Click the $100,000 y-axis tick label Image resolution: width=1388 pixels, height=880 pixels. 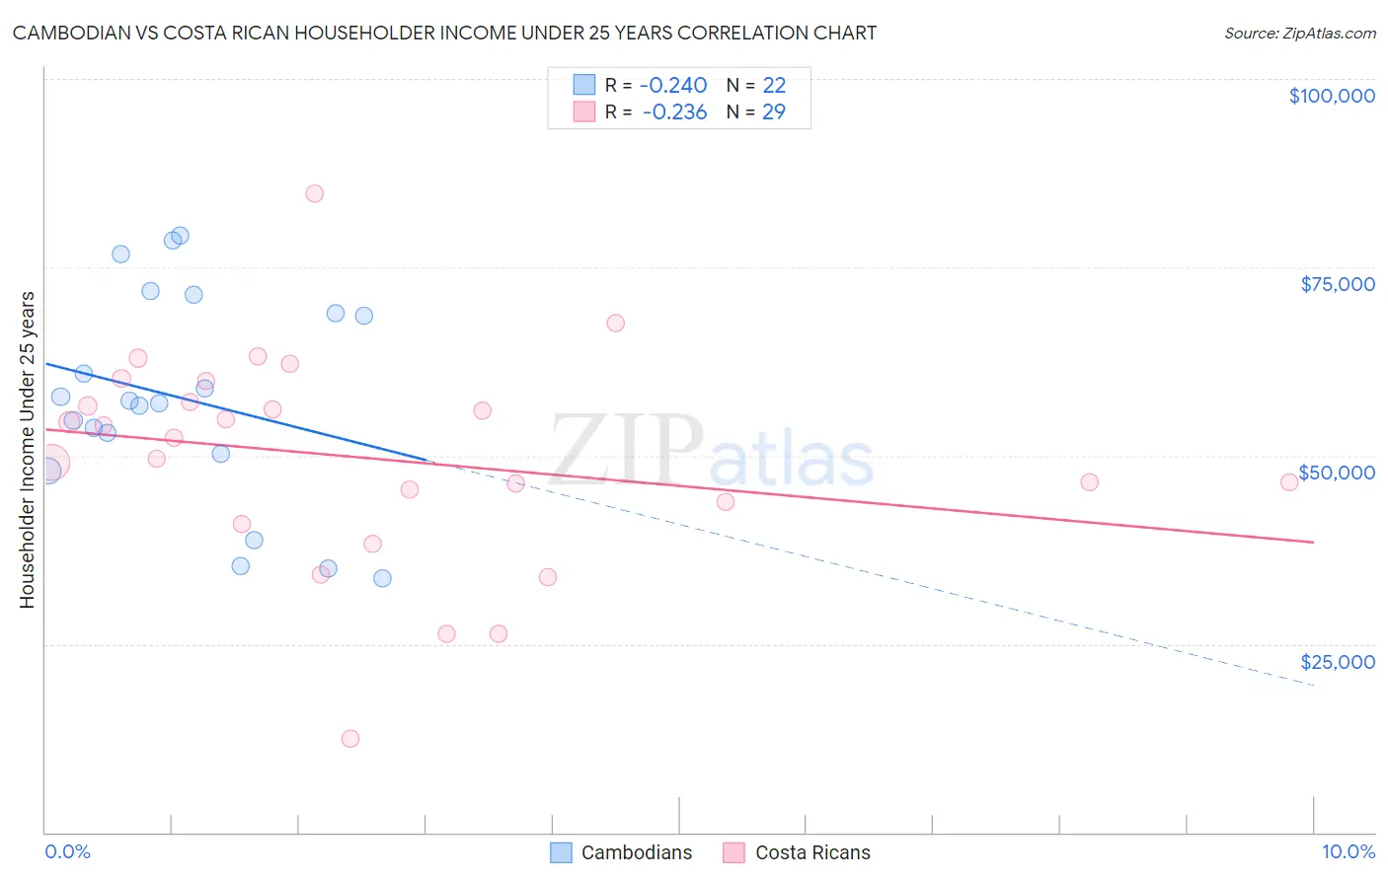tap(1331, 96)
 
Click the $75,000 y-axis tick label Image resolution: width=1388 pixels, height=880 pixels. tap(1337, 284)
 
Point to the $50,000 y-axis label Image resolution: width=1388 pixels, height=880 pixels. tap(1337, 473)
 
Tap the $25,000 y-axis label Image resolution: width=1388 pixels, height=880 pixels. tap(1337, 662)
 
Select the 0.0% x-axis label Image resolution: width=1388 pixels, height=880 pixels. tap(67, 852)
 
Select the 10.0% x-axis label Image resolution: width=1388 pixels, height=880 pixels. tap(1348, 852)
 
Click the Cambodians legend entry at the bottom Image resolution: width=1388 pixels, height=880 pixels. tap(622, 852)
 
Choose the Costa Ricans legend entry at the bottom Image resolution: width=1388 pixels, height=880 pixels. tap(798, 852)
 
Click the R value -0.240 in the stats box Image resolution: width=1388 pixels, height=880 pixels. tap(674, 86)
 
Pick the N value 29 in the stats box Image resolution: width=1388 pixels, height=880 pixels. tap(774, 112)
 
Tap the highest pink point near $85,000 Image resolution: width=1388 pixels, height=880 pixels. tap(314, 193)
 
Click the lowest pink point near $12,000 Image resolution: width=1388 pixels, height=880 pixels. tap(349, 739)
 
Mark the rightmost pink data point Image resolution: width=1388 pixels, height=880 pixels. tap(1288, 482)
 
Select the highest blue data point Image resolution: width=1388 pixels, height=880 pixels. tap(180, 236)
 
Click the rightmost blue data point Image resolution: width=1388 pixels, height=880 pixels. tap(382, 578)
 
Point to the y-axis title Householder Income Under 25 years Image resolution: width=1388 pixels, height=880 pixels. tap(27, 450)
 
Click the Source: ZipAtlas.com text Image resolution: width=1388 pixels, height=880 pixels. tap(1299, 34)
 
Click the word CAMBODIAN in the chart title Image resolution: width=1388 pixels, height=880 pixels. tap(68, 34)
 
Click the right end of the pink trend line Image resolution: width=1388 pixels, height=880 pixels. tap(1313, 542)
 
